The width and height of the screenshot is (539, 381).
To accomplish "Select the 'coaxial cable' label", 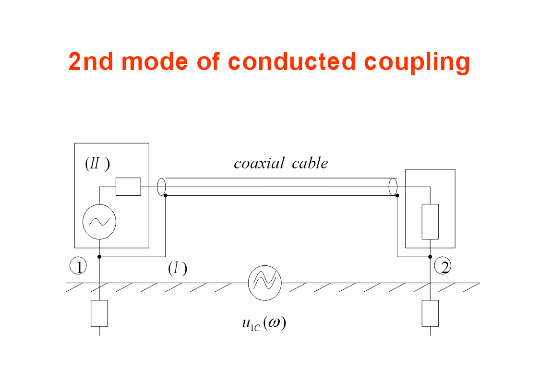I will click(281, 164).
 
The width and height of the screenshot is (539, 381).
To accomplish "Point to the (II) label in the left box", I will click(97, 164).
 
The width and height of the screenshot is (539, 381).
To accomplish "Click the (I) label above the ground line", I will click(177, 269).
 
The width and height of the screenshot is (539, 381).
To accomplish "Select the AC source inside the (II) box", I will click(99, 222).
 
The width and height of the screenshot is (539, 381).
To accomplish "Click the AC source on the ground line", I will click(264, 283).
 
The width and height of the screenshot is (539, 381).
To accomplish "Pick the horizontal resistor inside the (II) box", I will click(128, 187).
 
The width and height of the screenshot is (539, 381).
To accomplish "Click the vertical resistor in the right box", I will click(430, 222).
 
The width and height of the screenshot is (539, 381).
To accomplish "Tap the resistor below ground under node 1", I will click(99, 313).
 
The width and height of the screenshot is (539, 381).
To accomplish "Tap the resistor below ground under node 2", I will click(430, 313).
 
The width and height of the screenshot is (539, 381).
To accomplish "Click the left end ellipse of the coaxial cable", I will click(161, 186).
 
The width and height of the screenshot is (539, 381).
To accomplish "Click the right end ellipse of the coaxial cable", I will click(393, 186).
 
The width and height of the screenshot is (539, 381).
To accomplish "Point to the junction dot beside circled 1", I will click(99, 257).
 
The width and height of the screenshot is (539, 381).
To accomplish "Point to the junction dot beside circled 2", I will click(430, 257).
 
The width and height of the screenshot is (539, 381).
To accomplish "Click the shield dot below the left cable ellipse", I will click(166, 195).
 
